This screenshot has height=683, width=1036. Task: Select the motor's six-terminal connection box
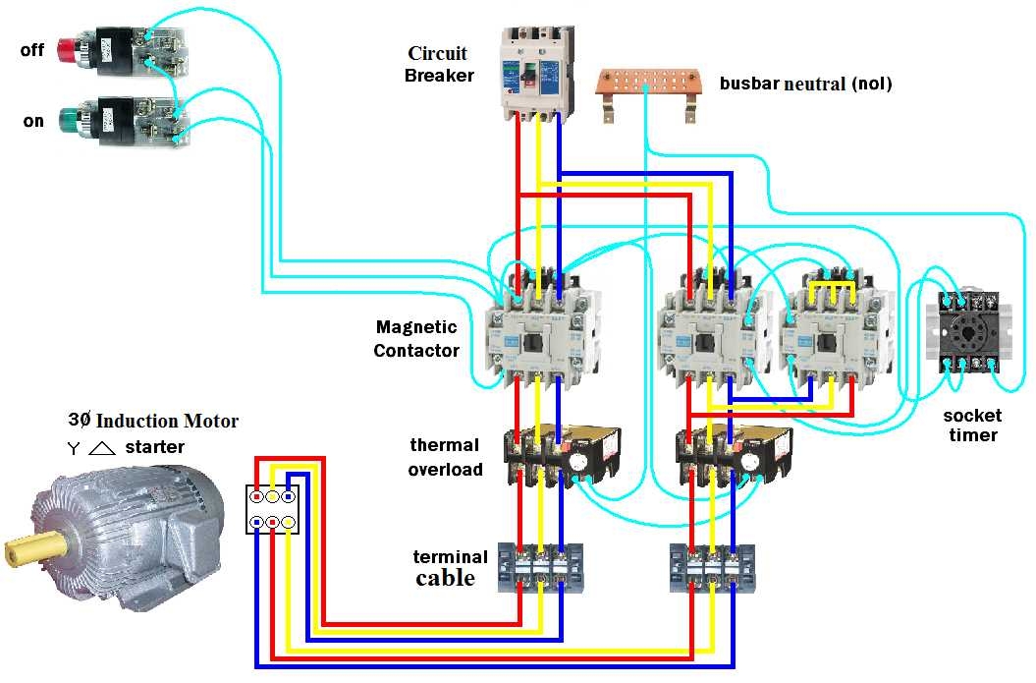tap(272, 508)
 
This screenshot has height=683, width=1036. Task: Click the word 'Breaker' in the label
tap(439, 75)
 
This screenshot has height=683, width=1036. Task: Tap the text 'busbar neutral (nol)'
tap(805, 84)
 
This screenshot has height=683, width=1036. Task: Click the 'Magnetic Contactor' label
tap(416, 338)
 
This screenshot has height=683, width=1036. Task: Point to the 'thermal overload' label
tap(446, 457)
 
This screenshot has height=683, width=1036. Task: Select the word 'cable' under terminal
tap(445, 578)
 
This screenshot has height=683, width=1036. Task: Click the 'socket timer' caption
tap(972, 425)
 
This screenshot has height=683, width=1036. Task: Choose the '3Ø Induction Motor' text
tap(153, 421)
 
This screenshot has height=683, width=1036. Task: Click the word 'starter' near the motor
tap(154, 447)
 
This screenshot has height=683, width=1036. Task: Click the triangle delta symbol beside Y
tap(102, 448)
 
